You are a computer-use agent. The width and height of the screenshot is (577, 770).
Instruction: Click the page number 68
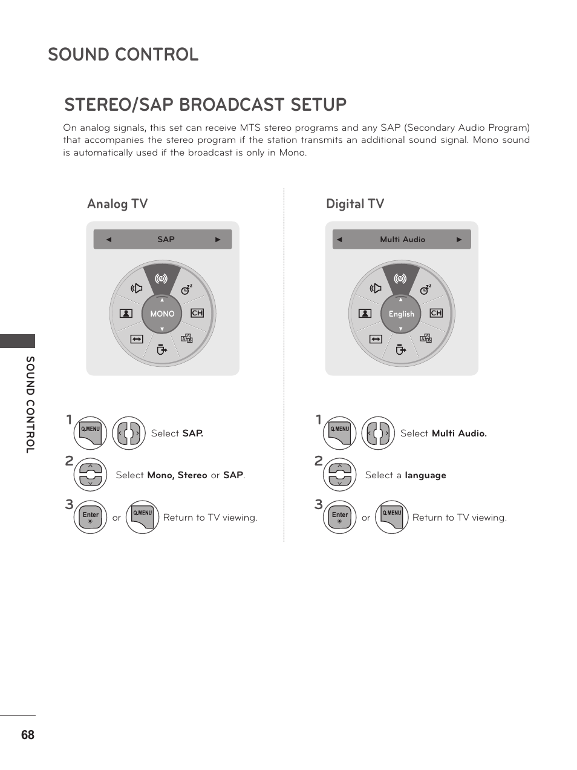click(27, 735)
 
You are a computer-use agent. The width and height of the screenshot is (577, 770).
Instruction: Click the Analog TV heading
click(117, 204)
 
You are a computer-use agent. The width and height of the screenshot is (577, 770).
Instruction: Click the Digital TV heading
click(355, 204)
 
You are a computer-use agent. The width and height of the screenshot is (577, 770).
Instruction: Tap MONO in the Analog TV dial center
click(162, 314)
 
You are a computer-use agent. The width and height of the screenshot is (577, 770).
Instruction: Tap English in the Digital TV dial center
click(401, 314)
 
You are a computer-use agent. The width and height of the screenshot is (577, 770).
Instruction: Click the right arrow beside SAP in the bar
click(218, 239)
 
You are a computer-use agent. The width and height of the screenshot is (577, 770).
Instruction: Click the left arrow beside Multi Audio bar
click(339, 239)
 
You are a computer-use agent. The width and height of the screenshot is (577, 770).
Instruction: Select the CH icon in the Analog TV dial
click(197, 313)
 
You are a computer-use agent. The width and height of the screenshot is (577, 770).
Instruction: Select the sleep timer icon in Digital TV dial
click(425, 289)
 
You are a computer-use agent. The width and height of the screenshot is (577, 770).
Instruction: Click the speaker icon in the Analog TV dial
click(137, 288)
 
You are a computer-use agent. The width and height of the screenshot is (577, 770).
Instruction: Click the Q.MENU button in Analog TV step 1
click(91, 433)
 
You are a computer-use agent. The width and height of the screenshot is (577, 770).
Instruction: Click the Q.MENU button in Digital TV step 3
click(392, 517)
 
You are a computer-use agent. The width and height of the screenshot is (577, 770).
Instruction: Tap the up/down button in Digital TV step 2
click(339, 475)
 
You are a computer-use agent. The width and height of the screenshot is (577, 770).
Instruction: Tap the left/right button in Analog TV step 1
click(129, 433)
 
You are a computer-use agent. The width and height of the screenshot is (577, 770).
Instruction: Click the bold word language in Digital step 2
click(425, 475)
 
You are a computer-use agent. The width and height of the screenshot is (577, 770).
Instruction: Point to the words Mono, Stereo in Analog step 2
click(177, 475)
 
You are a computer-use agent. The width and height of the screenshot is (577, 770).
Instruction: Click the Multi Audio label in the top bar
click(402, 239)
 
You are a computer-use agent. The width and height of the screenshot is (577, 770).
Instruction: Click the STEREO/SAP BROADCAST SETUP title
click(206, 105)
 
